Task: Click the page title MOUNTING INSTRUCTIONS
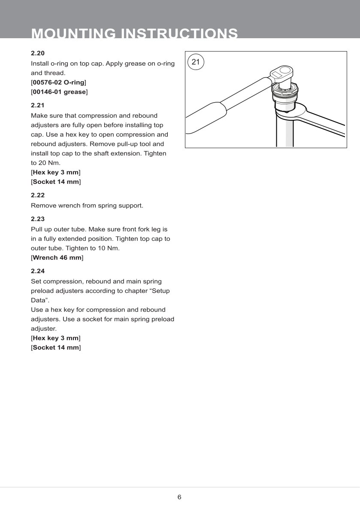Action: pyautogui.click(x=135, y=34)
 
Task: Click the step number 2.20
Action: pyautogui.click(x=38, y=53)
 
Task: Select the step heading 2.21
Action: pyautogui.click(x=38, y=105)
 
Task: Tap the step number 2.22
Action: pyautogui.click(x=38, y=195)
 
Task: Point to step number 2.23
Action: pyautogui.click(x=38, y=219)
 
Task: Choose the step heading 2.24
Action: pyautogui.click(x=38, y=271)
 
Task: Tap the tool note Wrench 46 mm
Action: pyautogui.click(x=57, y=258)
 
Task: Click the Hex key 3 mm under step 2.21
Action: pyautogui.click(x=56, y=172)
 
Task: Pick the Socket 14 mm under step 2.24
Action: pyautogui.click(x=56, y=347)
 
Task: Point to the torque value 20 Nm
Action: pyautogui.click(x=43, y=163)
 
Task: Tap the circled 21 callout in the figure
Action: pyautogui.click(x=196, y=62)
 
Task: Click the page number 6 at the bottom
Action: pyautogui.click(x=179, y=497)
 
